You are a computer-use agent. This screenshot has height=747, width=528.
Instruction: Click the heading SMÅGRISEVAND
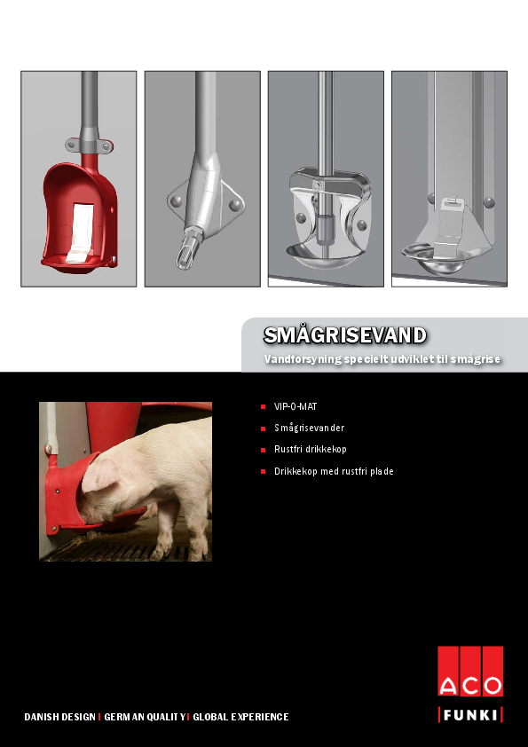pyautogui.click(x=345, y=334)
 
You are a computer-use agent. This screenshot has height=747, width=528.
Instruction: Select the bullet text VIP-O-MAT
pyautogui.click(x=296, y=406)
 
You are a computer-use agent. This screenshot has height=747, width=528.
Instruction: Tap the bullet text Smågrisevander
pyautogui.click(x=309, y=428)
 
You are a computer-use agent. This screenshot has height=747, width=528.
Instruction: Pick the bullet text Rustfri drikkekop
pyautogui.click(x=310, y=450)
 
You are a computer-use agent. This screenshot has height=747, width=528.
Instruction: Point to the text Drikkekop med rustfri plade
pyautogui.click(x=334, y=471)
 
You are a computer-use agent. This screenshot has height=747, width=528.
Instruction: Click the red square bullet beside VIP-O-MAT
pyautogui.click(x=264, y=406)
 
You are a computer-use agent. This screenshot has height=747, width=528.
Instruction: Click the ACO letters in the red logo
pyautogui.click(x=469, y=685)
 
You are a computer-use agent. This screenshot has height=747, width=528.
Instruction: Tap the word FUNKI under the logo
pyautogui.click(x=469, y=715)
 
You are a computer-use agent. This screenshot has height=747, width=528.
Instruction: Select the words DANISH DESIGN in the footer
pyautogui.click(x=59, y=717)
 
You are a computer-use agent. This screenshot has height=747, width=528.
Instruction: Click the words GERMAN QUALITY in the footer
pyautogui.click(x=144, y=717)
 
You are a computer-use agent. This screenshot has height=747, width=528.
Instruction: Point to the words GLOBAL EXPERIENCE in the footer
pyautogui.click(x=240, y=717)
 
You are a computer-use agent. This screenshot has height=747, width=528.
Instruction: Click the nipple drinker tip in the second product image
pyautogui.click(x=187, y=255)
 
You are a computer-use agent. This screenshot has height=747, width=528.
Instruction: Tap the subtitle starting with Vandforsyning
pyautogui.click(x=382, y=359)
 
